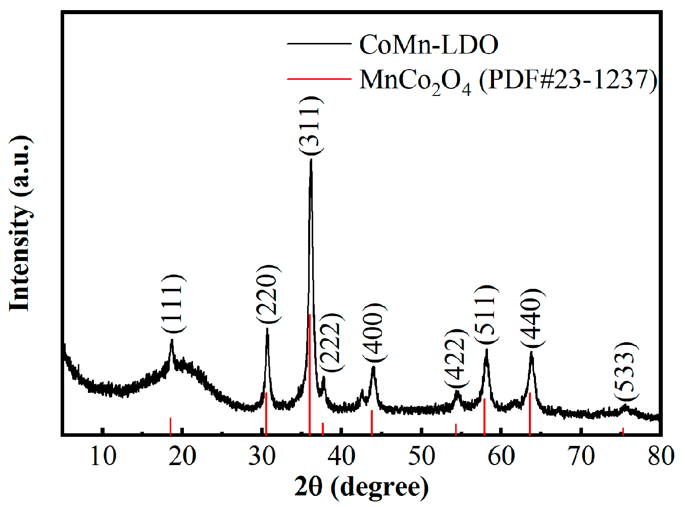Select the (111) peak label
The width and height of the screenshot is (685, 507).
click(x=173, y=303)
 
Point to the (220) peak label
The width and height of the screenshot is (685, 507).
click(x=267, y=294)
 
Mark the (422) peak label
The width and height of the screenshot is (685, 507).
click(x=456, y=358)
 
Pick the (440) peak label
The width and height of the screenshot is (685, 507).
click(x=532, y=318)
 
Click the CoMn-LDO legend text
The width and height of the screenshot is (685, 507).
click(x=428, y=44)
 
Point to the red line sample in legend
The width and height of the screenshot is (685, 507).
click(x=319, y=79)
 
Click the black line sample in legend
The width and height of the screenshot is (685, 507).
click(x=319, y=44)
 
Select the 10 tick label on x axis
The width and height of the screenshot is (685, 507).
click(x=103, y=456)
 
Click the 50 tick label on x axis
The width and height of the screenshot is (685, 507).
click(x=421, y=456)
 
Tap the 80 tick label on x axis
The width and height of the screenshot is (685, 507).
click(x=660, y=456)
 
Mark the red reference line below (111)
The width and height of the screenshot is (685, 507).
click(x=171, y=426)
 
